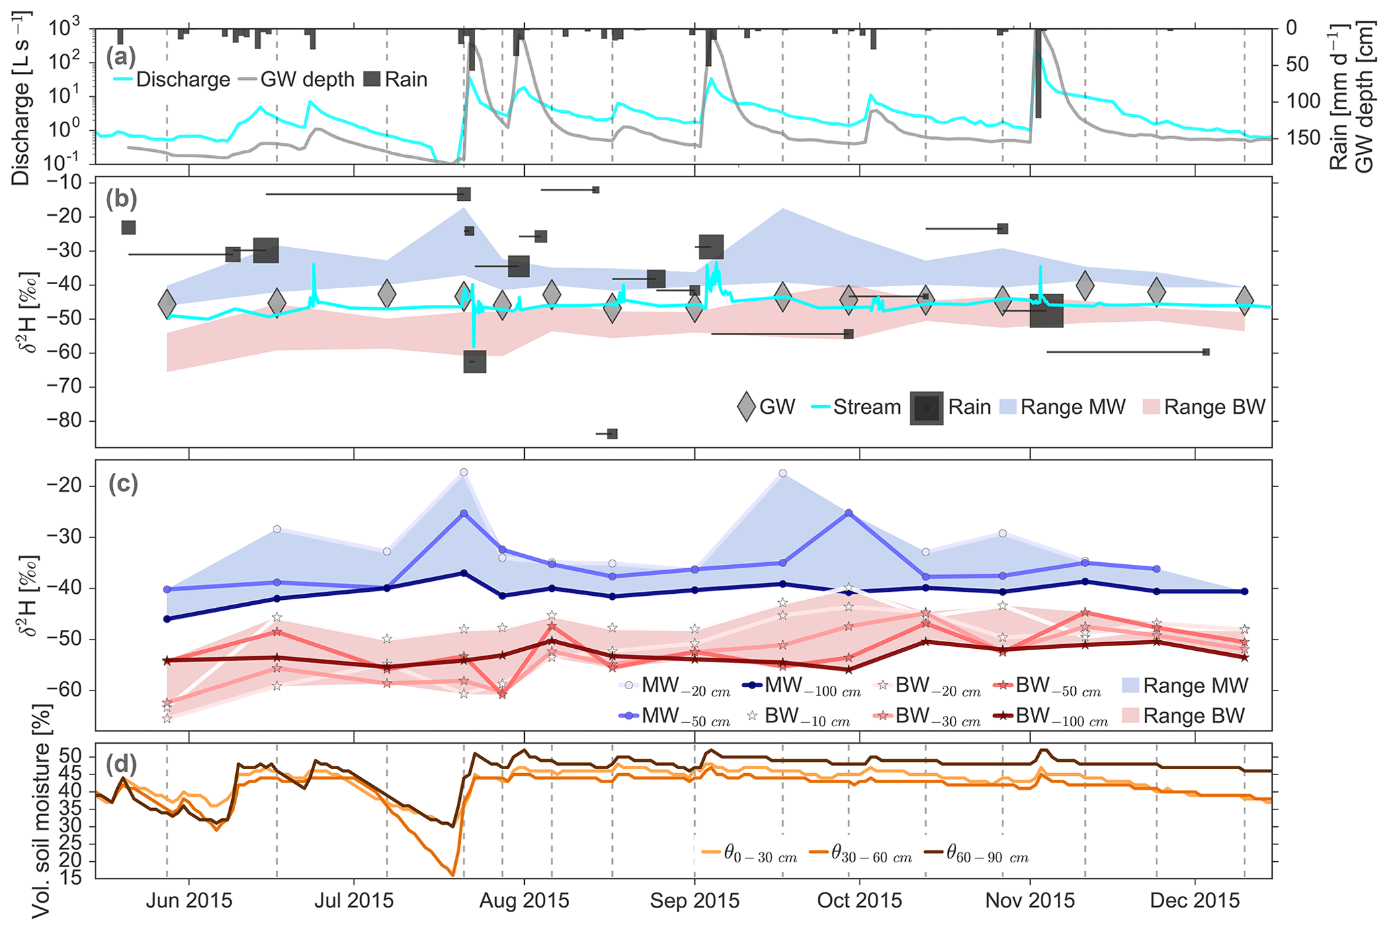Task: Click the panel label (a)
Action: click(x=120, y=58)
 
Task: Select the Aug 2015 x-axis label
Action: click(x=523, y=901)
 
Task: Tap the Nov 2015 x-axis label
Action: click(x=1029, y=901)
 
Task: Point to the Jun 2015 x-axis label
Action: click(x=189, y=901)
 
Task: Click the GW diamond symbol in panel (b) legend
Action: click(x=746, y=407)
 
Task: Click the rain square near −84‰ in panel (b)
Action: click(x=612, y=434)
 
